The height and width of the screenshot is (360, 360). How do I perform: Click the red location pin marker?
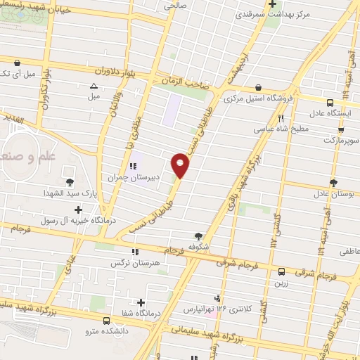(181, 166)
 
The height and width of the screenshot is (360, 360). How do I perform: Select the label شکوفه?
(199, 247)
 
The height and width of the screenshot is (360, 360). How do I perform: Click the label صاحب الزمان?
(188, 82)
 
